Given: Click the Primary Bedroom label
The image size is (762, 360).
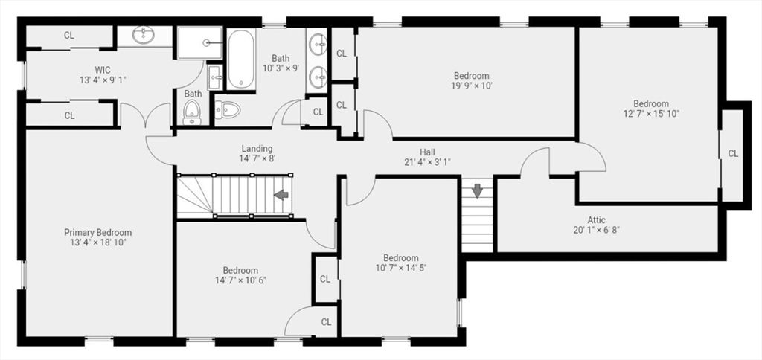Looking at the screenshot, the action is click(x=97, y=233).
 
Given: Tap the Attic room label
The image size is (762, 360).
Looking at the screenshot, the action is click(x=596, y=220).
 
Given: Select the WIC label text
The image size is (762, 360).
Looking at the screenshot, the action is click(x=103, y=71).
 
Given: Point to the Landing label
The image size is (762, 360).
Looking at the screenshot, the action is click(x=257, y=149).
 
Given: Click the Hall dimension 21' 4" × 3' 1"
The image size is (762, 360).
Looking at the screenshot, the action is click(x=427, y=162).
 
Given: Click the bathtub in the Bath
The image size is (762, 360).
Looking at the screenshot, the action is click(x=241, y=60).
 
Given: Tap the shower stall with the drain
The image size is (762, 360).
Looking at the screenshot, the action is click(x=199, y=42).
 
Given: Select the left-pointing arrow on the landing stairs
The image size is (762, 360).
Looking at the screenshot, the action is click(x=281, y=195).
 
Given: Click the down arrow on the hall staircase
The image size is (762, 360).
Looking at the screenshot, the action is click(x=477, y=190).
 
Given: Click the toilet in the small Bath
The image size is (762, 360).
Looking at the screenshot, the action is click(x=192, y=112).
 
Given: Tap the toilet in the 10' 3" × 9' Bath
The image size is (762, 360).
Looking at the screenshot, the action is click(x=228, y=110).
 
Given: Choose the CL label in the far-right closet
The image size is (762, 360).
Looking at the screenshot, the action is click(x=733, y=153).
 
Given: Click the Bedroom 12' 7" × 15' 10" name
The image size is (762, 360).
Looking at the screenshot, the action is click(x=650, y=103).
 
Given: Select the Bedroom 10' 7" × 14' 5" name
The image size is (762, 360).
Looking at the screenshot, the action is click(x=401, y=258).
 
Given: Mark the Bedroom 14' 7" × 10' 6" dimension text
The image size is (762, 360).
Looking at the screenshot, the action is click(x=240, y=280).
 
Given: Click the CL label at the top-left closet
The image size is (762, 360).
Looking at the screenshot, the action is click(x=69, y=35).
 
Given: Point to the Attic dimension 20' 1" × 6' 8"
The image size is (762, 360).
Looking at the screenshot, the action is click(x=596, y=230).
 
